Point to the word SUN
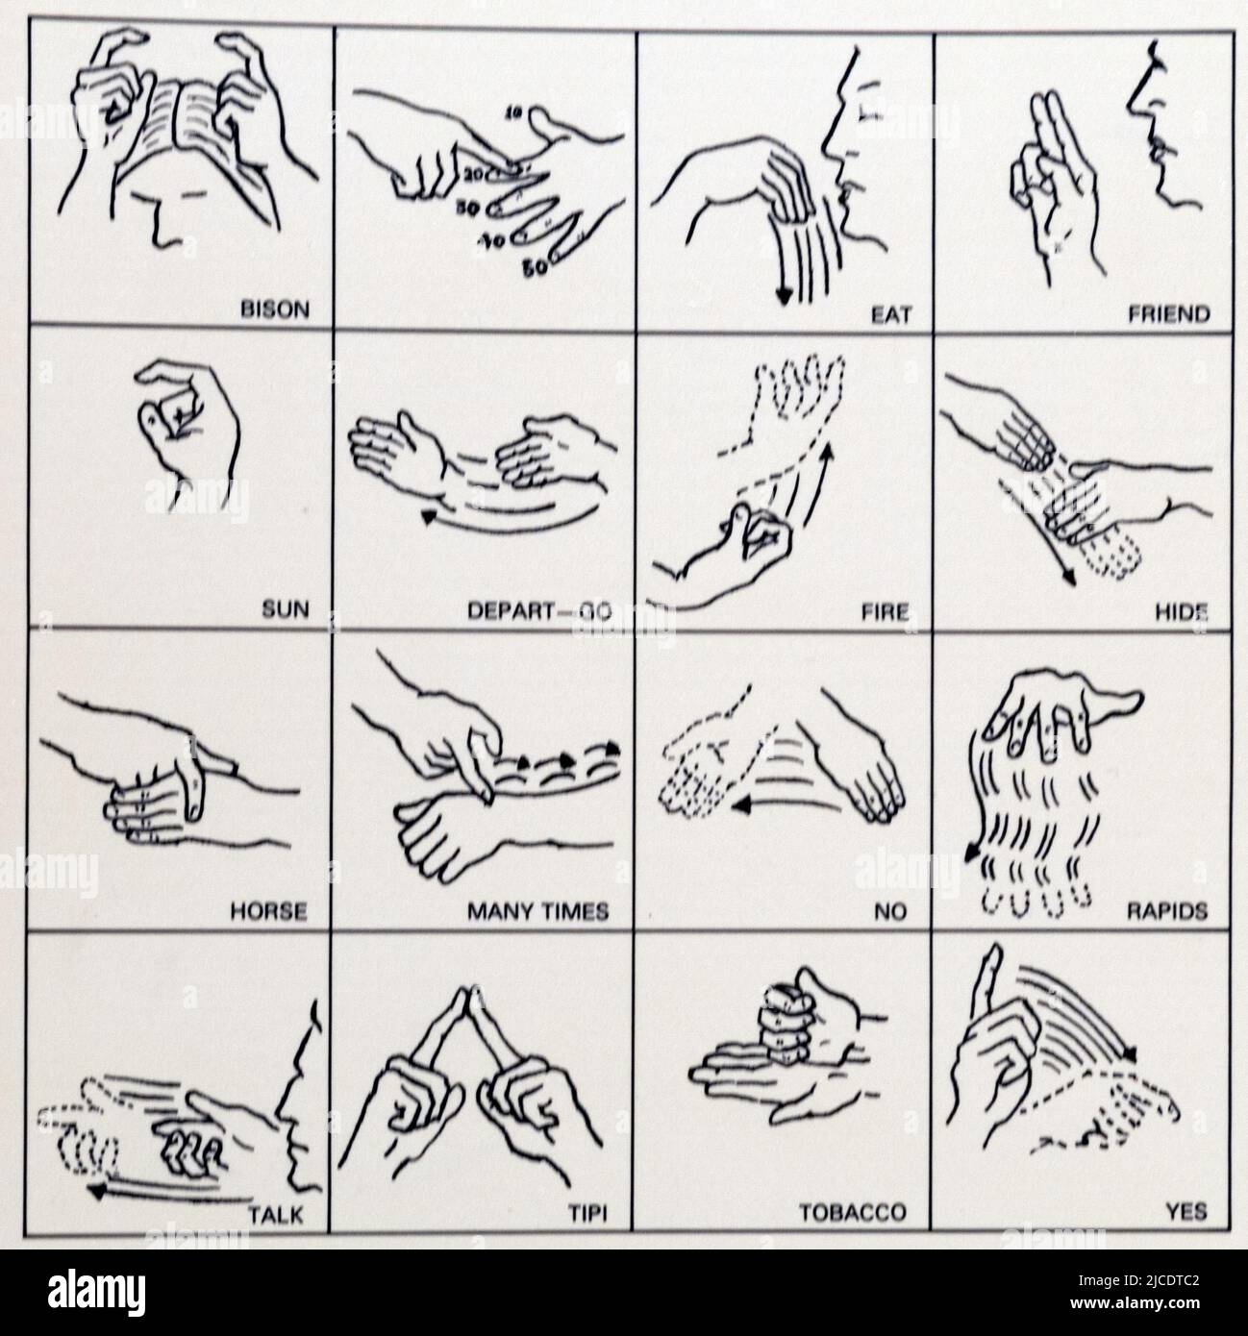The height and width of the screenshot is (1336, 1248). [x=286, y=609]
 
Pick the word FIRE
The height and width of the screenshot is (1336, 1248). [x=885, y=610]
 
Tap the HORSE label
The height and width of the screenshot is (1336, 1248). [x=268, y=911]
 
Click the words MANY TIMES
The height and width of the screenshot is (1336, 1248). [x=538, y=911]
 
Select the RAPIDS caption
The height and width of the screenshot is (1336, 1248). [x=1166, y=911]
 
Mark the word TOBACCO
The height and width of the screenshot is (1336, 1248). [x=853, y=1213]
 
